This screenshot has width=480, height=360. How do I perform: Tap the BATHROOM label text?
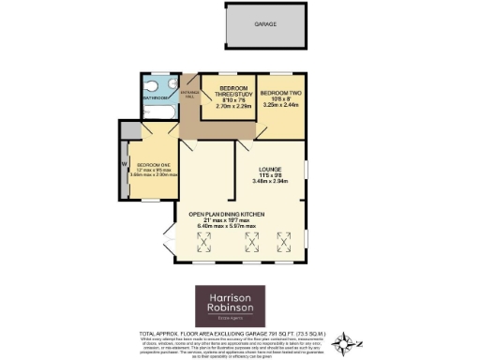point(156,97)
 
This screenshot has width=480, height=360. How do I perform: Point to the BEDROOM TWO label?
point(279,93)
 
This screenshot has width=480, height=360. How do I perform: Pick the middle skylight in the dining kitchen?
point(250,247)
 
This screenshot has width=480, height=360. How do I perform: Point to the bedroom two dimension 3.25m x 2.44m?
point(279,106)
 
